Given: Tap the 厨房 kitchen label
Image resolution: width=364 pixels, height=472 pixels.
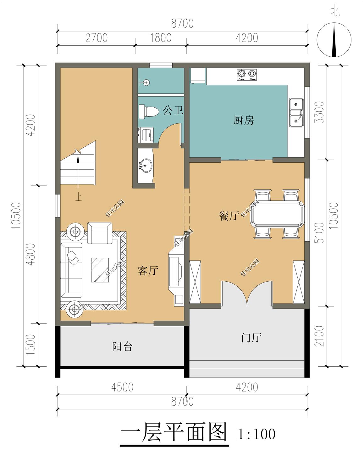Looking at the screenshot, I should (244, 120).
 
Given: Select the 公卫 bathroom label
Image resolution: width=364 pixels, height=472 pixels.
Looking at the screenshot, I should (173, 110).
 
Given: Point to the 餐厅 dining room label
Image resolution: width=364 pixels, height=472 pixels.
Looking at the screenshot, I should (229, 216).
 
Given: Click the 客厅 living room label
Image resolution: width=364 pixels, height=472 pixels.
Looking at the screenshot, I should (148, 271).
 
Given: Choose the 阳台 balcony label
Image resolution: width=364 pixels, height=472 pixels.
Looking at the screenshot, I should (122, 346).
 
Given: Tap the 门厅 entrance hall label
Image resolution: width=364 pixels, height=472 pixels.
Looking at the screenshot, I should (251, 338).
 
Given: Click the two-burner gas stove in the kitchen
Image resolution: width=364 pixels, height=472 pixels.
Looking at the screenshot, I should (246, 75).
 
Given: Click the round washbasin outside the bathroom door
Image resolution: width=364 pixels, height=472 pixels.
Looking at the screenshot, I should (145, 165).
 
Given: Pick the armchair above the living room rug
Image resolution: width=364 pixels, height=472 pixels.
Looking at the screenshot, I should (100, 233).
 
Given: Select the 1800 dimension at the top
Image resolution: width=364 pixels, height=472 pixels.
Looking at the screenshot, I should (161, 38).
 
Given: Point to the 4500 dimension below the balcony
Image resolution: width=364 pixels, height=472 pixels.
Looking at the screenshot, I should (122, 387).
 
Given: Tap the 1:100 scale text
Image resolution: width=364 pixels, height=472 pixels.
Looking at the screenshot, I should (257, 434).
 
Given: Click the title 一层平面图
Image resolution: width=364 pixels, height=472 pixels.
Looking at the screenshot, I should (174, 433).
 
